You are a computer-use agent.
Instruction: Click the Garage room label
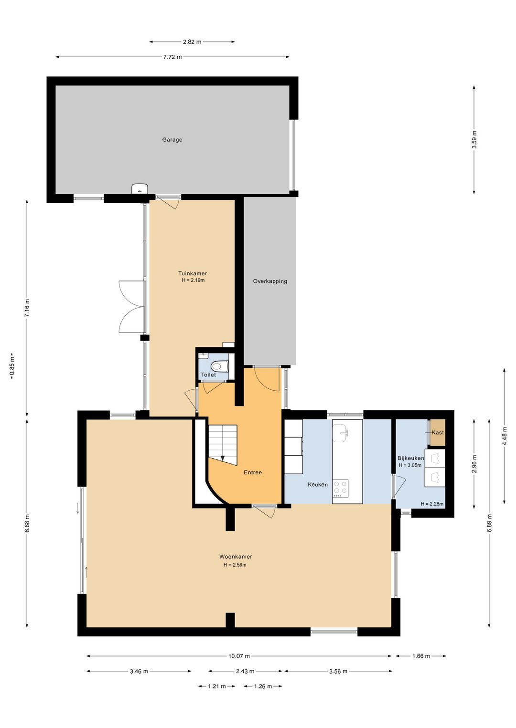[172, 140]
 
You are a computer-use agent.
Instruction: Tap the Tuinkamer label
[193, 274]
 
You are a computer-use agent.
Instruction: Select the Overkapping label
[270, 281]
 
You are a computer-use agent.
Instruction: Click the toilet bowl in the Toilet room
[218, 366]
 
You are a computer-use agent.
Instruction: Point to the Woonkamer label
[236, 557]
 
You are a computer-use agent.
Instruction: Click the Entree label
[253, 473]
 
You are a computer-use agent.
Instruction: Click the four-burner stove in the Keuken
[340, 489]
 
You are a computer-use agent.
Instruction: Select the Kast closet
[438, 433]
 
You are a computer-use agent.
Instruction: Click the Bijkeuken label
[410, 458]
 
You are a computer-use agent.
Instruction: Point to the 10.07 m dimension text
[239, 656]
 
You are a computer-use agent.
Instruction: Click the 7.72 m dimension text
[172, 57]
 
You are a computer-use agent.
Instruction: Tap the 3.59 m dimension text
[474, 140]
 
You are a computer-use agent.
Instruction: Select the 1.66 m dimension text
[421, 656]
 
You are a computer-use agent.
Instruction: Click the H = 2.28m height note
[432, 504]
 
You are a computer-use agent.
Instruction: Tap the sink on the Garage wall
[140, 189]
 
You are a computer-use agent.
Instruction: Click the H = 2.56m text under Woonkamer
[235, 565]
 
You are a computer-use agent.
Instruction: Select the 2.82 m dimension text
[192, 42]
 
